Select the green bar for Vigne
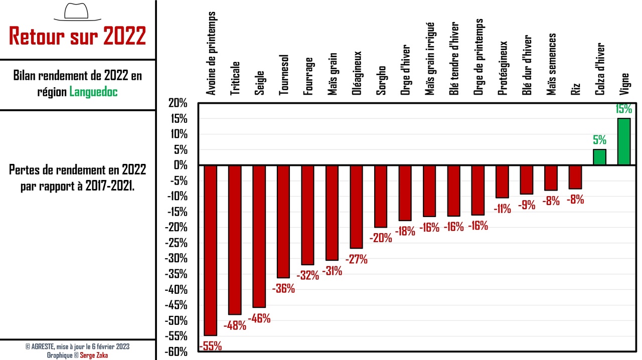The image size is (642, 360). tap(623, 141)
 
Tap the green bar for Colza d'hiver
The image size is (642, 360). tap(599, 157)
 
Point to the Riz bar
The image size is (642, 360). tap(575, 177)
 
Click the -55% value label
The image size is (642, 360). tap(211, 346)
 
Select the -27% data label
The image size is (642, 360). tap(357, 259)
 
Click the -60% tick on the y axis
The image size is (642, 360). tap(176, 352)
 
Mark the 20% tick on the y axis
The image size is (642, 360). tap(178, 103)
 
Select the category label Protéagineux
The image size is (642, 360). tap(503, 68)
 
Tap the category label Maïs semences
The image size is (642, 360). tap(552, 64)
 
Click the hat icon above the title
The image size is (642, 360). tap(77, 12)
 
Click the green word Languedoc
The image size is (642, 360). tap(93, 92)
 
